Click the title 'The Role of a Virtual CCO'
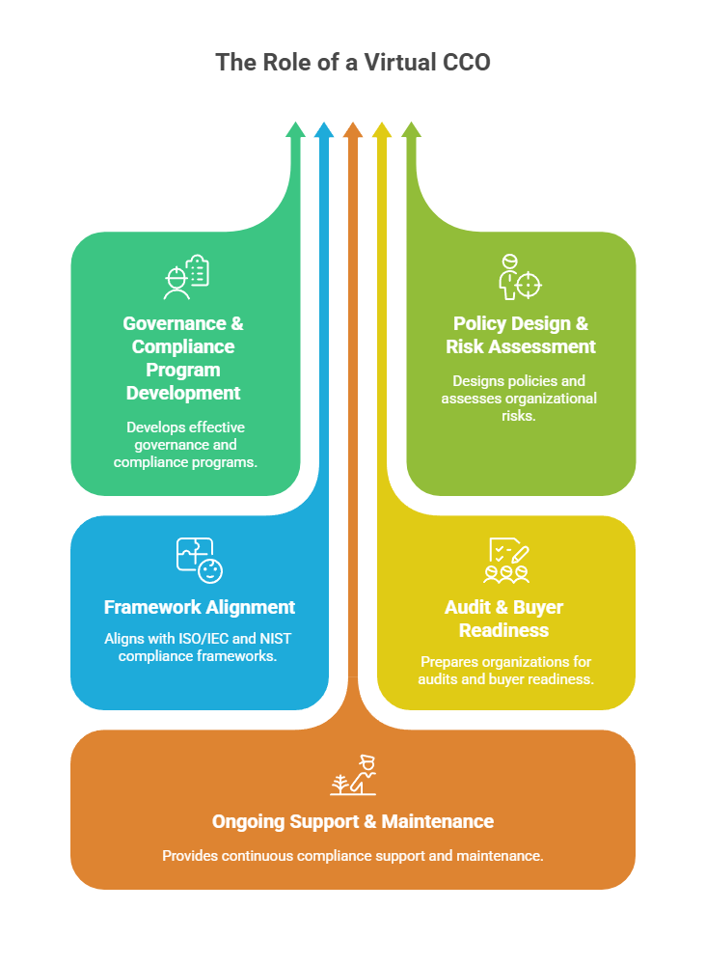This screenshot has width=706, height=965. point(353,63)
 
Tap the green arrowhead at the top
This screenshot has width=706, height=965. point(295,130)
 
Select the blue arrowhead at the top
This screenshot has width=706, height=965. point(324,130)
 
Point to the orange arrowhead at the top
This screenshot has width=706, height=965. point(353,130)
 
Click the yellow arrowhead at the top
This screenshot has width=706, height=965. point(382,130)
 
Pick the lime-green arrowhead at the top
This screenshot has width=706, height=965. point(411,130)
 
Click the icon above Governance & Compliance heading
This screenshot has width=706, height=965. point(185,277)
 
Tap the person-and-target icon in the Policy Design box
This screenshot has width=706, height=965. point(520,277)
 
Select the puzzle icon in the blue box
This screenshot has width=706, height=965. point(199,561)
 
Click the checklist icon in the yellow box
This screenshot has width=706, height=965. point(506,561)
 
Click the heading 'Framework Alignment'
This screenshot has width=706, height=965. point(200,607)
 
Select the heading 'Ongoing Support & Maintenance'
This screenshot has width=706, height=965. point(353,821)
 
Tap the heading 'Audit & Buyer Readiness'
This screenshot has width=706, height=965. point(504,619)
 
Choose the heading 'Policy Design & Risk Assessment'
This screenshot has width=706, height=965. point(521,335)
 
